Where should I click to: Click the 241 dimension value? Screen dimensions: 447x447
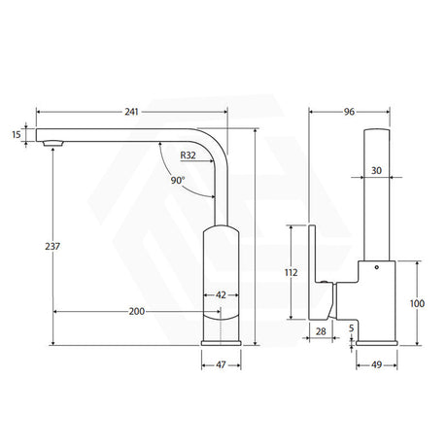point(131,112)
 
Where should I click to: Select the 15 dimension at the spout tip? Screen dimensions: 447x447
point(17,134)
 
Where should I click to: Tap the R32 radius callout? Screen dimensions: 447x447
point(188,155)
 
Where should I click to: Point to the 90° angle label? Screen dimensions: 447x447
point(178,180)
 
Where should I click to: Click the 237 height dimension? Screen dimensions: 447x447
point(52,247)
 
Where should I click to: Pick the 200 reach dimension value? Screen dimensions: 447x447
point(137,311)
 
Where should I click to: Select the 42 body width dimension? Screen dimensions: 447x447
point(221,295)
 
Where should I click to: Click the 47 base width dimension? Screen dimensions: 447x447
point(221,365)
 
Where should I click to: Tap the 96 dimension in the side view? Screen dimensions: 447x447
point(349,112)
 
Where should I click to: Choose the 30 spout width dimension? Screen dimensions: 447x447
point(376,170)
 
